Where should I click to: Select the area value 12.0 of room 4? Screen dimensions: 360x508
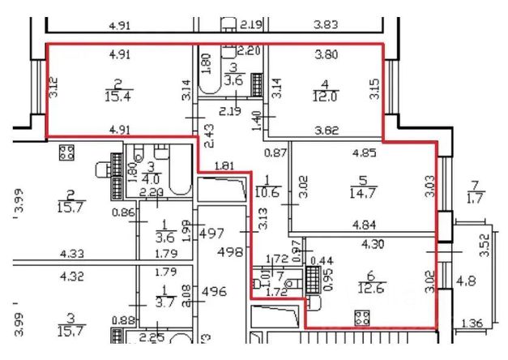tap(327, 95)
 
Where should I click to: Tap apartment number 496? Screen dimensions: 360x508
tap(214, 292)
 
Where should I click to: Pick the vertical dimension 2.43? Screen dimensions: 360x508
tap(208, 134)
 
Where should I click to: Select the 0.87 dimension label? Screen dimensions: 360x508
tap(276, 152)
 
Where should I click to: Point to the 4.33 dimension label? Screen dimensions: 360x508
tap(71, 253)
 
